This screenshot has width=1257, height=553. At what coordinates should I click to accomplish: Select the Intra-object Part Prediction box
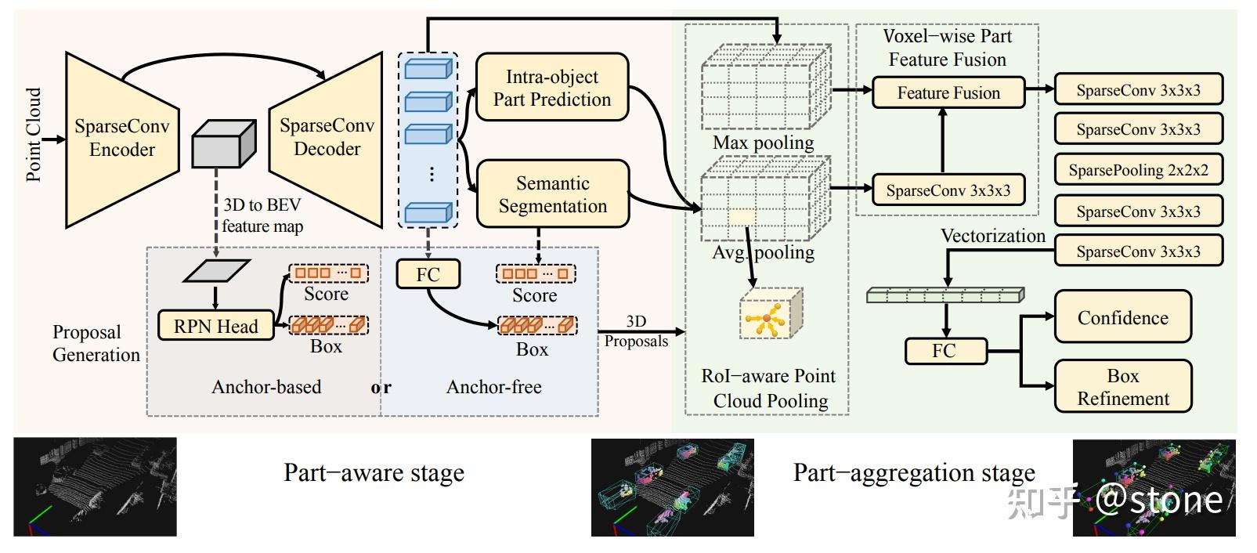pyautogui.click(x=552, y=88)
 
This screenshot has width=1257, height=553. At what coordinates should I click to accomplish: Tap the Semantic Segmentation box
pyautogui.click(x=552, y=194)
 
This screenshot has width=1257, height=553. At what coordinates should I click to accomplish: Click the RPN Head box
pyautogui.click(x=215, y=326)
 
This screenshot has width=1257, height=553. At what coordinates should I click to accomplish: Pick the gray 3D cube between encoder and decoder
pyautogui.click(x=223, y=144)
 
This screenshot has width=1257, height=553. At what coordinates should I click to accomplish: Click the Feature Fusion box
pyautogui.click(x=948, y=93)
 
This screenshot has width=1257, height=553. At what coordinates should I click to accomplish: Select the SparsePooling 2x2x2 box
pyautogui.click(x=1138, y=170)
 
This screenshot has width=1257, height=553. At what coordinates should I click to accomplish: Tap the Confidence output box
pyautogui.click(x=1122, y=317)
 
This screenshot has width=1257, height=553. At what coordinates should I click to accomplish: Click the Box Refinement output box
pyautogui.click(x=1122, y=387)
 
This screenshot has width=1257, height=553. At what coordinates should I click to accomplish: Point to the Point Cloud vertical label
pyautogui.click(x=34, y=135)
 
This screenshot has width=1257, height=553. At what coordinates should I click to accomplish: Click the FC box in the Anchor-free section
pyautogui.click(x=428, y=274)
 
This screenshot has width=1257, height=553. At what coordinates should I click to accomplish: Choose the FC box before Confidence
pyautogui.click(x=944, y=351)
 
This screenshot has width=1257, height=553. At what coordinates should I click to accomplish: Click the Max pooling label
pyautogui.click(x=763, y=143)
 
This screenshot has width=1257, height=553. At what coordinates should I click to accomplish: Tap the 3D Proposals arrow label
pyautogui.click(x=636, y=331)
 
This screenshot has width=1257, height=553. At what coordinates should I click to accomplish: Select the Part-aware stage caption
pyautogui.click(x=374, y=473)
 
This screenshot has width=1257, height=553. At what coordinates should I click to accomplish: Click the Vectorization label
pyautogui.click(x=992, y=236)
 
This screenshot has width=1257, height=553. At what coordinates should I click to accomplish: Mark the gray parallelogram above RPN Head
pyautogui.click(x=216, y=270)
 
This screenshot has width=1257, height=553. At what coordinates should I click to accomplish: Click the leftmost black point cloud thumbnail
pyautogui.click(x=95, y=486)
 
